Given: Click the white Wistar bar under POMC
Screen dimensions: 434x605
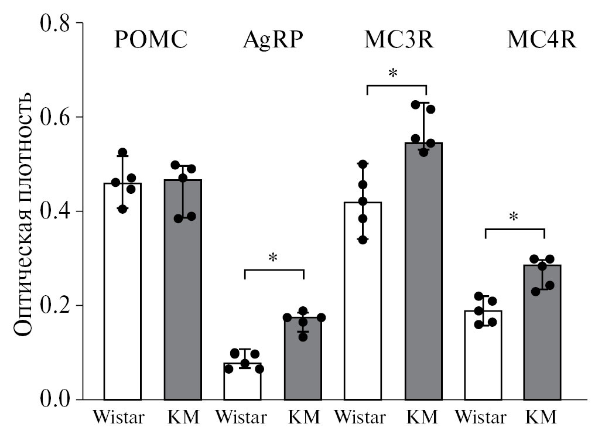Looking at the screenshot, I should [122, 293].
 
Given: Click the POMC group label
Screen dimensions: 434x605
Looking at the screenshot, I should [151, 40].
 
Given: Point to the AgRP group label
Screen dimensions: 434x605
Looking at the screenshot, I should [275, 40].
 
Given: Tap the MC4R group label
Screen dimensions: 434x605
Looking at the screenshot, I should [542, 40].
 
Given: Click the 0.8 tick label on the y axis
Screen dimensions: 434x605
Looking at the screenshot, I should [54, 24].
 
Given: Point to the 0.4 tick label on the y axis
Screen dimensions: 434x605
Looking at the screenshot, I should [54, 211].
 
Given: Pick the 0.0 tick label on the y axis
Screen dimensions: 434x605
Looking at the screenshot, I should [54, 400].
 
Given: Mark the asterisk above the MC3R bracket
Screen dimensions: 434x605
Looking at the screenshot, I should [393, 74].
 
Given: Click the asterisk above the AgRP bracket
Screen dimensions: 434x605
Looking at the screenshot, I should [272, 258].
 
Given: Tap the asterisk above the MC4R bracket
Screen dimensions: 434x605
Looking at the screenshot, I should [514, 217].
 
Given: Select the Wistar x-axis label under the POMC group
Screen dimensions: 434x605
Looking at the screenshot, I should [122, 418].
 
